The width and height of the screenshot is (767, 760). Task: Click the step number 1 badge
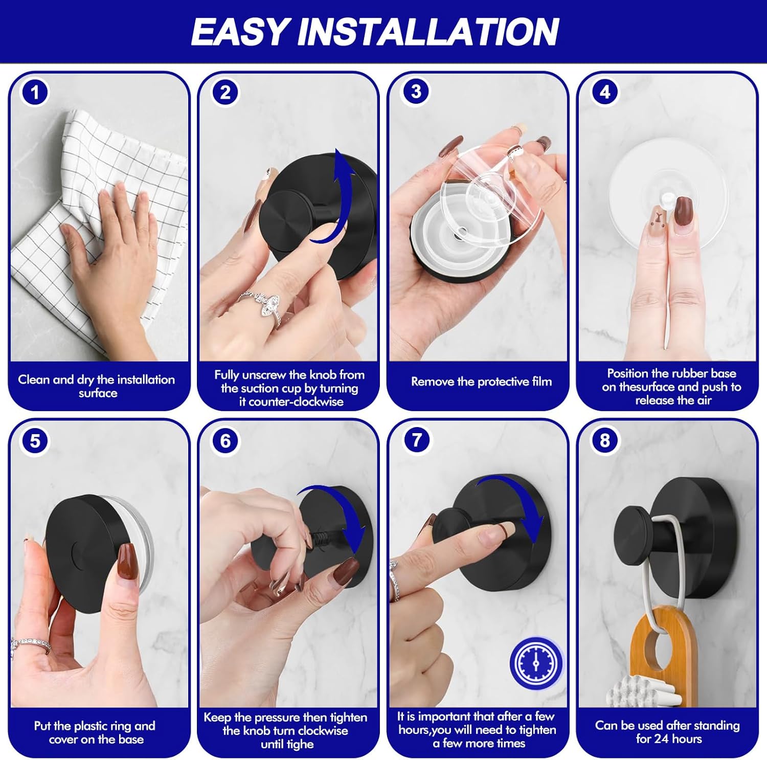35,93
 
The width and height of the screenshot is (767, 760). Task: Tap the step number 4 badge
605,92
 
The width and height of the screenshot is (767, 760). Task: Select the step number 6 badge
225,440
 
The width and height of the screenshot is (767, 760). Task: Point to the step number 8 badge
605,440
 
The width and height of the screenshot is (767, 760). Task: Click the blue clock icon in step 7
536,663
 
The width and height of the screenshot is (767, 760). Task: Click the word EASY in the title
240,32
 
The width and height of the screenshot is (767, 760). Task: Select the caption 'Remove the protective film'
481,382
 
